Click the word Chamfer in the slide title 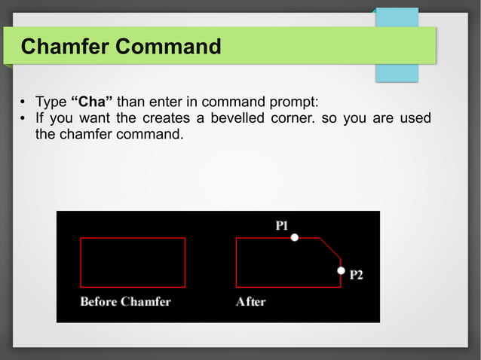pyautogui.click(x=65, y=47)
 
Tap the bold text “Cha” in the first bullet pyautogui.click(x=91, y=102)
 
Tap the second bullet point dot pyautogui.click(x=23, y=120)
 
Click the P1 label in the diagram pyautogui.click(x=282, y=224)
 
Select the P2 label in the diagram pyautogui.click(x=356, y=276)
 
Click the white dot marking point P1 pyautogui.click(x=295, y=237)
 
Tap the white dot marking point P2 pyautogui.click(x=341, y=270)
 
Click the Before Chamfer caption pyautogui.click(x=125, y=302)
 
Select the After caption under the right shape pyautogui.click(x=250, y=302)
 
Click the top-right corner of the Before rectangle pyautogui.click(x=185, y=238)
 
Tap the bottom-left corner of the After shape pyautogui.click(x=236, y=287)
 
